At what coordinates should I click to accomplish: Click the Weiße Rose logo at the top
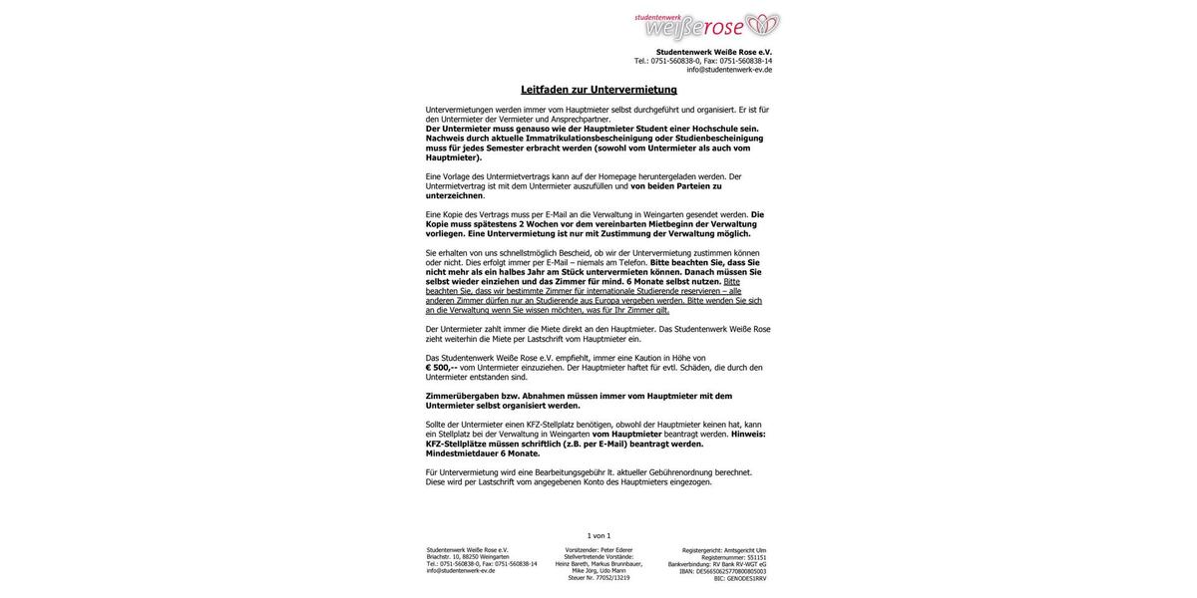tap(707, 26)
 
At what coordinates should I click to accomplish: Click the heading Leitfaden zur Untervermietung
tap(598, 90)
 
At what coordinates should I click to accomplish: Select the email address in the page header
tap(729, 70)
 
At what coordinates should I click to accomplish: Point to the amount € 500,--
tap(441, 368)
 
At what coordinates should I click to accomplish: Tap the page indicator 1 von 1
tap(598, 536)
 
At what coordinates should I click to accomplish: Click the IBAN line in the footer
tap(723, 572)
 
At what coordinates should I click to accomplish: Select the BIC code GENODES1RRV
tap(746, 579)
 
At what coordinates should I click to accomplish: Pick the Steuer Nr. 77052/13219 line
tap(598, 578)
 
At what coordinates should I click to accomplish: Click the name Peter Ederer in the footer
tap(616, 550)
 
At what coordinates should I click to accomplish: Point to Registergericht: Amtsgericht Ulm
tap(724, 550)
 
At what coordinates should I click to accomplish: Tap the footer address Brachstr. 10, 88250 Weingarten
tap(468, 557)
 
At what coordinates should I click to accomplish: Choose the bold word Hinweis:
tap(748, 435)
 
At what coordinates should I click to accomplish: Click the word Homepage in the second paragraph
tap(617, 176)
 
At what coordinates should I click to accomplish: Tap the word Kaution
tap(647, 358)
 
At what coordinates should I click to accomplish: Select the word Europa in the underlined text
tap(606, 300)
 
